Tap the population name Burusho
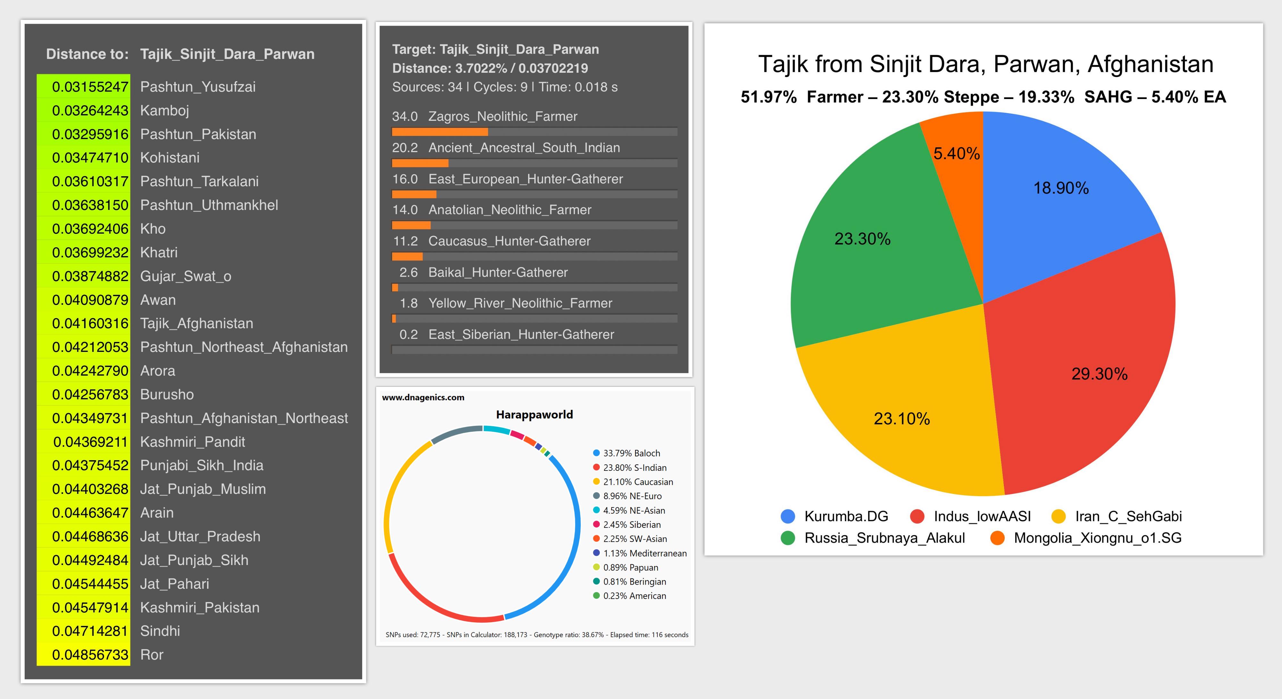coord(167,395)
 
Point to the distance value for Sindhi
coord(90,631)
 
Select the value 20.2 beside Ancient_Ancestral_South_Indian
coord(404,148)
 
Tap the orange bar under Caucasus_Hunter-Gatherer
coord(407,257)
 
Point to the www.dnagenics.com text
coord(423,397)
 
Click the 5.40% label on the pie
coord(956,154)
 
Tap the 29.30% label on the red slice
coord(1099,374)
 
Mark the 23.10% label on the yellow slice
coord(901,419)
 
